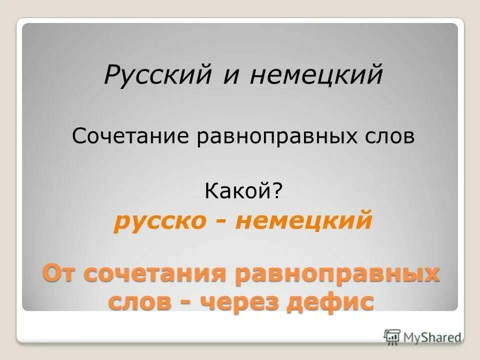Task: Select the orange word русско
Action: click(x=159, y=221)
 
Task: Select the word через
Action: click(x=239, y=302)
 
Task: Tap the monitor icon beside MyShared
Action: click(x=392, y=336)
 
